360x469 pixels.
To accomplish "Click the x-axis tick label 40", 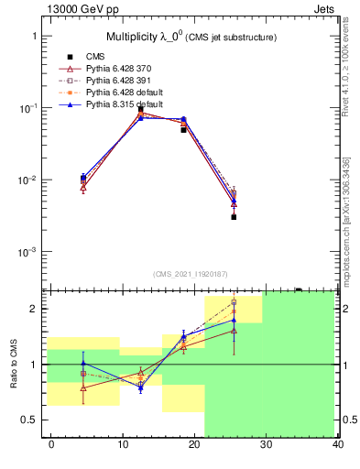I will (x=338, y=444).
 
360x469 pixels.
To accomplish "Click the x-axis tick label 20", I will (x=194, y=444).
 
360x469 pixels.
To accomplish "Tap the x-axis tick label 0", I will (x=50, y=444).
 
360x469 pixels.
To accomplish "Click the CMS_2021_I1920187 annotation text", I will (x=190, y=274).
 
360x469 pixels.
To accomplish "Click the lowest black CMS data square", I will (x=234, y=217).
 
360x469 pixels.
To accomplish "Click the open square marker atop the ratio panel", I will (x=234, y=302).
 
